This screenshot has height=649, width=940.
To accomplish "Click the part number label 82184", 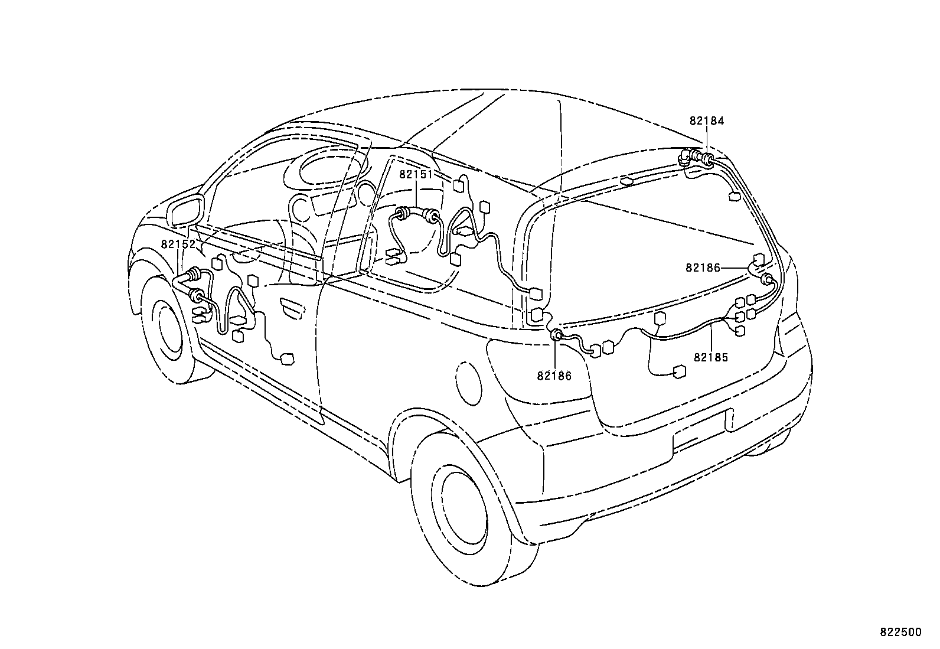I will tap(706, 120).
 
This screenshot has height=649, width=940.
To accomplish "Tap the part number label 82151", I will tap(416, 174).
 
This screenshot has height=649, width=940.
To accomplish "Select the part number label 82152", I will tap(178, 243).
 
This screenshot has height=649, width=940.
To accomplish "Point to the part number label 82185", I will tap(711, 357).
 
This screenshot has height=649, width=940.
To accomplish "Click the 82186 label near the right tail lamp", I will tap(703, 268).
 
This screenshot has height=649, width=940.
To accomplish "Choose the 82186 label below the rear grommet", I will tap(554, 376).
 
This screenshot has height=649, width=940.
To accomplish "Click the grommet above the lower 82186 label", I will tap(556, 336).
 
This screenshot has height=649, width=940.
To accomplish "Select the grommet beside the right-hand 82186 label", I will tap(768, 279).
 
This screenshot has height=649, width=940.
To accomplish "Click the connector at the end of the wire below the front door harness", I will tap(288, 358).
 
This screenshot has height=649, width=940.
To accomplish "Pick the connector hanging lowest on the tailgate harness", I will tap(679, 371).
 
